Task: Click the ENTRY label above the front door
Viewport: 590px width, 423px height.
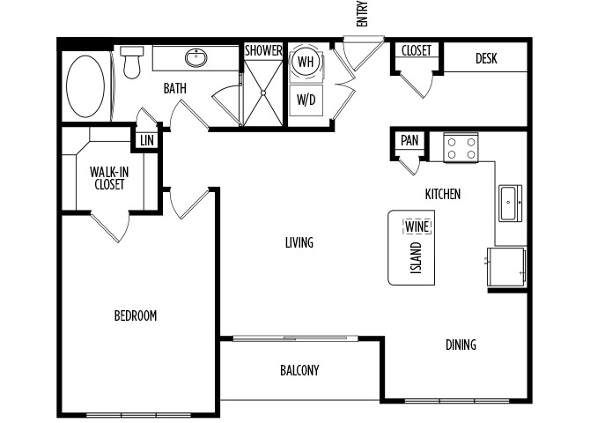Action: point(362,14)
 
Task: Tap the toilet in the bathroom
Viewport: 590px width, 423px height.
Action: point(132,63)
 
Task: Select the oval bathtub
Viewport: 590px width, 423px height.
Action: point(85,86)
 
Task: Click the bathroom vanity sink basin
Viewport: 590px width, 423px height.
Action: point(196,57)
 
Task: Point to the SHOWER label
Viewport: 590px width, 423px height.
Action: point(263,50)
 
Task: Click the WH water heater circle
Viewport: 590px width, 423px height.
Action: point(306,62)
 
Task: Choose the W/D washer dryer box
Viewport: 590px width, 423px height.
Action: point(306,100)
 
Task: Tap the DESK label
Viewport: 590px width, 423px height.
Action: point(486,58)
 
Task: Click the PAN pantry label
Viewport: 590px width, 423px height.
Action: point(409,140)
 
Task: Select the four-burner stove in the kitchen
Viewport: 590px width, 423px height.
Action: point(461,148)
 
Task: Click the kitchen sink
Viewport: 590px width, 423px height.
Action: point(510,203)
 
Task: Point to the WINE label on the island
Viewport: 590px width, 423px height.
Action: point(417,226)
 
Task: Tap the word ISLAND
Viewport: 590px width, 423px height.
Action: point(416,257)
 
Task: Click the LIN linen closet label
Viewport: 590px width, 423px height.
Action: point(147,141)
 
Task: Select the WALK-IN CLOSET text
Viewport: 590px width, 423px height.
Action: point(109,178)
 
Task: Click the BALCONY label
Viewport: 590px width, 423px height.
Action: point(299,370)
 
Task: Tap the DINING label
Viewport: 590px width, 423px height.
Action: point(461,345)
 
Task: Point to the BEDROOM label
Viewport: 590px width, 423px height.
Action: point(136,315)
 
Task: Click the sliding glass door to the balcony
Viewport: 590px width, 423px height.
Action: point(295,338)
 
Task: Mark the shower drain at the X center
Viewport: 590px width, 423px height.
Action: point(263,93)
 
